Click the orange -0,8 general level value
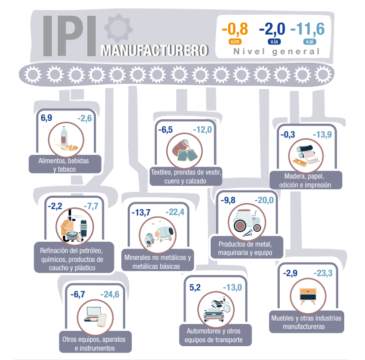point(235,29)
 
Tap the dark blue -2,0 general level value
point(272,29)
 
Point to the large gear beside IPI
point(119,29)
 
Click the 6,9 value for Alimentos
point(46,118)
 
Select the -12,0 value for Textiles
point(202,130)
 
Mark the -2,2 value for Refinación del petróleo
point(55,205)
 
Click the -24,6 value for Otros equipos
point(109,294)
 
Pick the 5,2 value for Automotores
point(195,287)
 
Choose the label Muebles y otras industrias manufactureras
point(306,322)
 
